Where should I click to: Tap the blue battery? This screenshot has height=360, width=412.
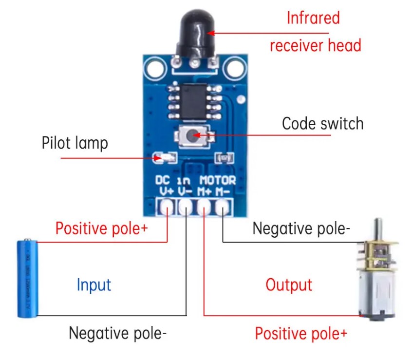[27, 278]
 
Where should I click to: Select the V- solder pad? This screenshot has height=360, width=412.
[186, 208]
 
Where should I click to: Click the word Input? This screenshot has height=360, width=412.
[94, 284]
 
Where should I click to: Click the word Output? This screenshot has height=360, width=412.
[289, 284]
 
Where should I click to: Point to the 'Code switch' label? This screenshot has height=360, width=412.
[322, 123]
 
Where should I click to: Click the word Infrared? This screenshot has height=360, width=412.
[313, 18]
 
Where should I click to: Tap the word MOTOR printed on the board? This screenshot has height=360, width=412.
[218, 180]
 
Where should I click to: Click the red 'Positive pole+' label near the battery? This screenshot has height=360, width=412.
[101, 228]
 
